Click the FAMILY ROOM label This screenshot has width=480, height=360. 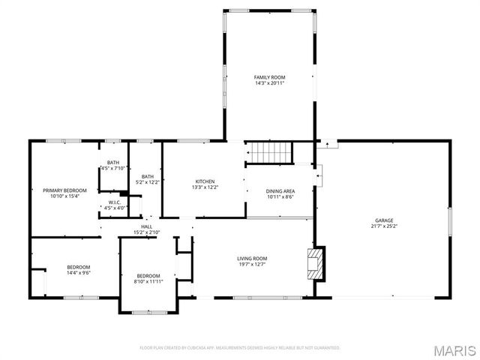pyautogui.click(x=269, y=77)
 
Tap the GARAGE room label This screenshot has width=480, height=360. pyautogui.click(x=385, y=220)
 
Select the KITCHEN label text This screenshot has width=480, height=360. pyautogui.click(x=205, y=181)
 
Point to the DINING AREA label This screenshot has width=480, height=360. pyautogui.click(x=280, y=191)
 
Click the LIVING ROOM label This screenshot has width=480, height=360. pyautogui.click(x=252, y=259)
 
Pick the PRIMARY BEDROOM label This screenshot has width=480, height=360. pyautogui.click(x=64, y=190)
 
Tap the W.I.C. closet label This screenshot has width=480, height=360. pyautogui.click(x=114, y=202)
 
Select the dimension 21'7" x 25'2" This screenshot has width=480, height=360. pyautogui.click(x=385, y=226)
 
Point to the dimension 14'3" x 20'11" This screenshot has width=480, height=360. pyautogui.click(x=269, y=83)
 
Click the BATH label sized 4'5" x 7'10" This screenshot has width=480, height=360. pyautogui.click(x=112, y=163)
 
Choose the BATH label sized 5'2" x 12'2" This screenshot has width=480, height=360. pyautogui.click(x=147, y=176)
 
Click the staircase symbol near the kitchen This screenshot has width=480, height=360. pyautogui.click(x=269, y=153)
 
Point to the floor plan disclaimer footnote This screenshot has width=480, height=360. pyautogui.click(x=240, y=348)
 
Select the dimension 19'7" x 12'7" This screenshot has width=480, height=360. pyautogui.click(x=252, y=265)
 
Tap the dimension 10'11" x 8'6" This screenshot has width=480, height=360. pyautogui.click(x=280, y=197)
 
